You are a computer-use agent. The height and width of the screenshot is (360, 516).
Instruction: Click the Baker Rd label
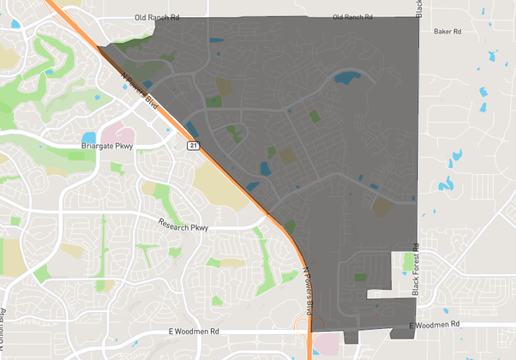click(448, 32)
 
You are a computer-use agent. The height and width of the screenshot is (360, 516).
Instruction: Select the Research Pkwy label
click(183, 225)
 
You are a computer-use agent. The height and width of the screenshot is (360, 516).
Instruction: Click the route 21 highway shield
click(195, 147)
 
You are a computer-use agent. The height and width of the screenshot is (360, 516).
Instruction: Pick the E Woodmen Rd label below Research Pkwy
click(196, 330)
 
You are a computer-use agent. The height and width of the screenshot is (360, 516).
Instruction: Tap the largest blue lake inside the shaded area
click(346, 77)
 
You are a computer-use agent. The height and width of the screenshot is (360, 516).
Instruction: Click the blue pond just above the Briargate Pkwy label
click(89, 137)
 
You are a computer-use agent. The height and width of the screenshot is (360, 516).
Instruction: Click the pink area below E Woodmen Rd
click(327, 345)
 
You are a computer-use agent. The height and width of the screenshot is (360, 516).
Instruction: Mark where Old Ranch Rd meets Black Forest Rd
click(418, 17)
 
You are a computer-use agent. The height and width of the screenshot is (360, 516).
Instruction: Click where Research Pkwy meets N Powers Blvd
click(268, 217)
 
